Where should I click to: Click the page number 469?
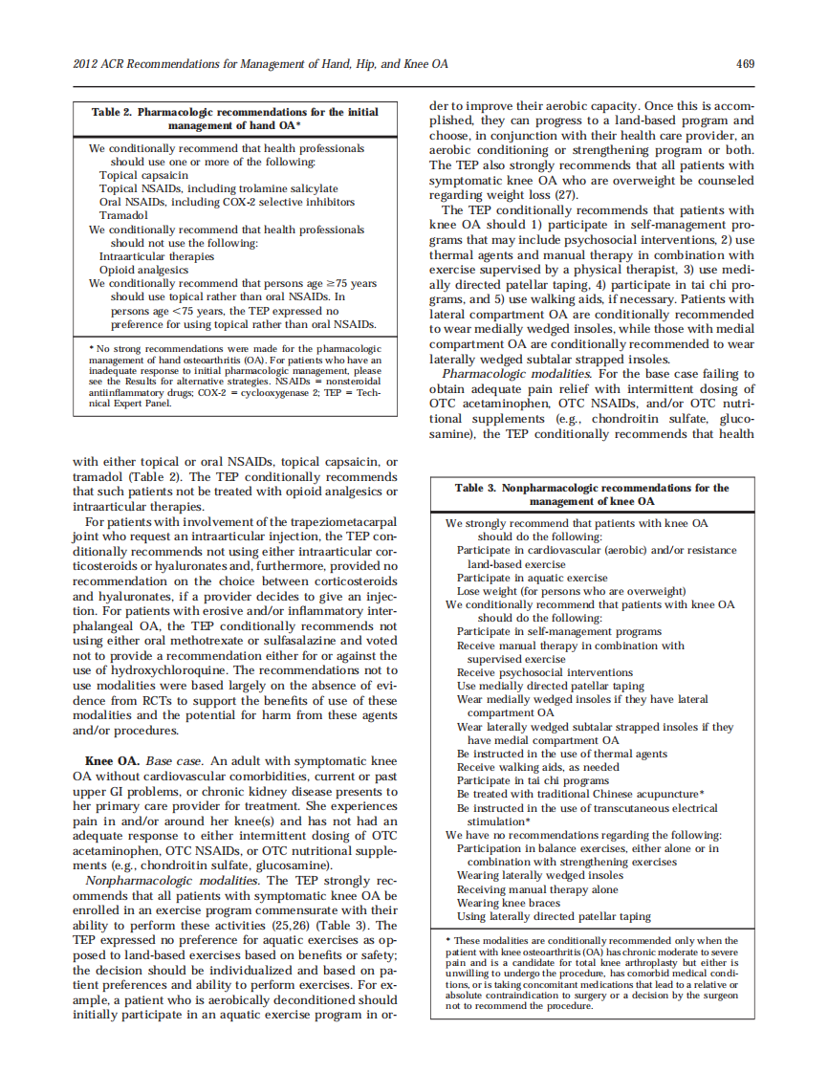pyautogui.click(x=746, y=64)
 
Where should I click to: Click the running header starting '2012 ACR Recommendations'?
pyautogui.click(x=260, y=64)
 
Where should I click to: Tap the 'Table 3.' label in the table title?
pyautogui.click(x=475, y=488)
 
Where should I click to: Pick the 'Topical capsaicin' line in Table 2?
pyautogui.click(x=143, y=175)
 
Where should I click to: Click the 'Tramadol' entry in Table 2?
pyautogui.click(x=123, y=215)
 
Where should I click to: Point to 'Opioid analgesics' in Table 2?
pyautogui.click(x=143, y=270)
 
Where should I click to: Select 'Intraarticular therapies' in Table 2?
pyautogui.click(x=157, y=256)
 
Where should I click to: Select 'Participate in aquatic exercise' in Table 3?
pyautogui.click(x=532, y=578)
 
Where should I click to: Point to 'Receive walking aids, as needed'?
pyautogui.click(x=537, y=767)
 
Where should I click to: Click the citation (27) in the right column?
pyautogui.click(x=568, y=193)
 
